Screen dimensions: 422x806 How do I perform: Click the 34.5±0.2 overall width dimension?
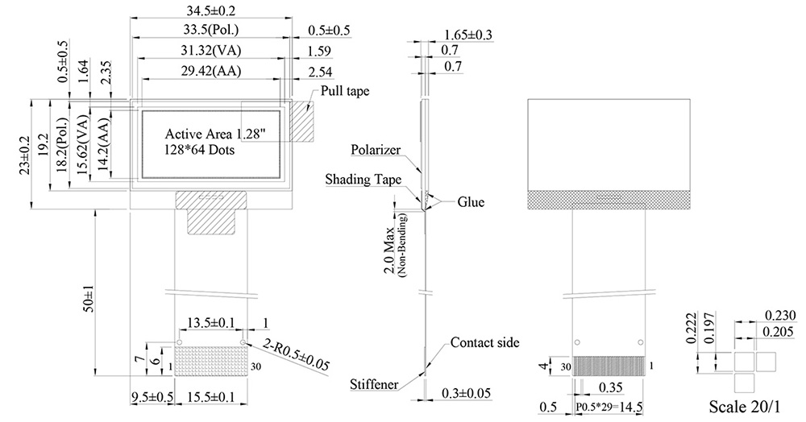point(210,11)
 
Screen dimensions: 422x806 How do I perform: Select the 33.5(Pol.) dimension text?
point(210,31)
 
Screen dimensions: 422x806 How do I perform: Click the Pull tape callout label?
point(345,91)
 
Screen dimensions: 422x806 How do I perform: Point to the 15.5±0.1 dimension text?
point(211,397)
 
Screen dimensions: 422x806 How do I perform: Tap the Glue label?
point(470,202)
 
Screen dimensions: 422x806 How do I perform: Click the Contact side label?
point(484,343)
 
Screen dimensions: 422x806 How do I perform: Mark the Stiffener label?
point(374,384)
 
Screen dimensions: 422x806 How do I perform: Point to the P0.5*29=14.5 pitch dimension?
point(609,408)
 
